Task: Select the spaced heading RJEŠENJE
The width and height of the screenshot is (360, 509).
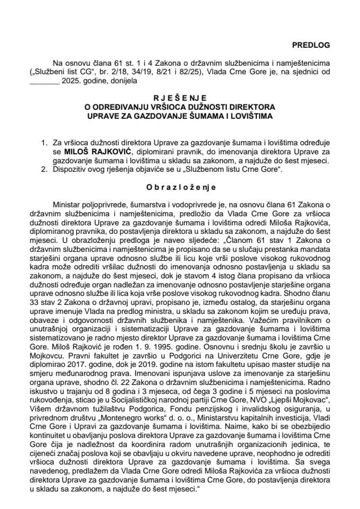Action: tap(180, 98)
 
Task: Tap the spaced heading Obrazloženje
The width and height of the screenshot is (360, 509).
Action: tap(180, 187)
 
